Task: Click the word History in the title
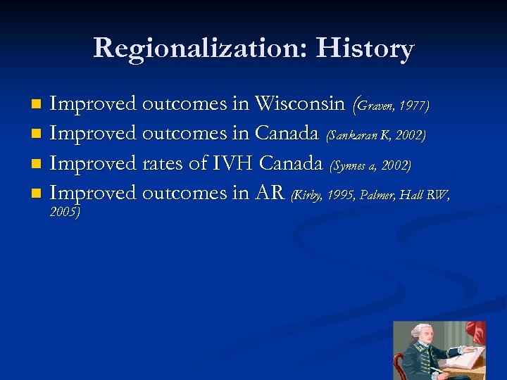pos(365,48)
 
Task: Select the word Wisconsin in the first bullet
pos(300,104)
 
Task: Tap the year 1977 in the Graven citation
pos(413,106)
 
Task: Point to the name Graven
pos(375,106)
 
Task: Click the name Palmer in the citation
pos(377,195)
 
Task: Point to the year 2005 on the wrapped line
pos(64,211)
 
